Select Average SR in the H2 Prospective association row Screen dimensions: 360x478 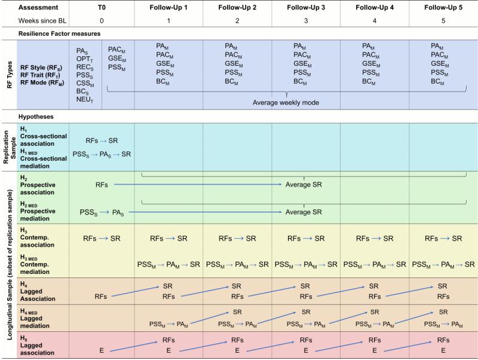click(x=304, y=185)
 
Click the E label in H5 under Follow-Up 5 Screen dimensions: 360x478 click(x=443, y=350)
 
